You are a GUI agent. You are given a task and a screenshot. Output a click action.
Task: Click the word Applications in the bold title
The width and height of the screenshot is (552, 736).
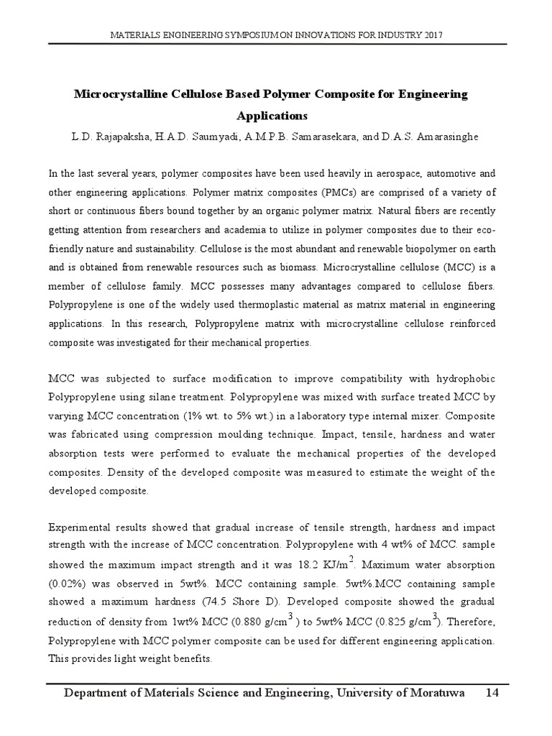click(272, 115)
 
